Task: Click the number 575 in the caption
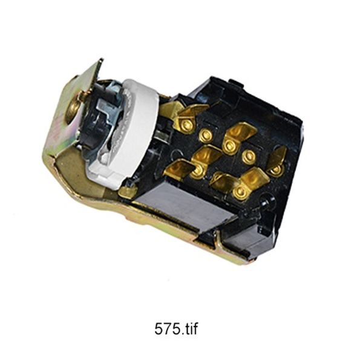coord(166,329)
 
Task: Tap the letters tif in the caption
coord(191,329)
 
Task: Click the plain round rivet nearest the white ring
coord(206,136)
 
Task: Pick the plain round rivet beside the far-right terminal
coord(249,156)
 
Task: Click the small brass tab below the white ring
coord(126,191)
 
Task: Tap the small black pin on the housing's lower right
coord(266,201)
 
